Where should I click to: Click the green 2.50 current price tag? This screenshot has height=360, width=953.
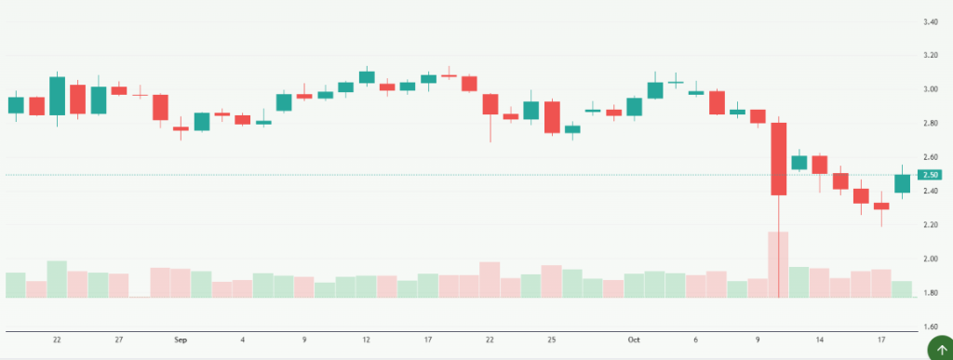(931, 175)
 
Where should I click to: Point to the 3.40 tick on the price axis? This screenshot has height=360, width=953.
(931, 21)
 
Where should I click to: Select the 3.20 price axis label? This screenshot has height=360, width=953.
(931, 56)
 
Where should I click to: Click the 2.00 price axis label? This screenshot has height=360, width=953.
(931, 259)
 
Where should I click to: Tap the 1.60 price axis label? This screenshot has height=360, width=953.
(931, 327)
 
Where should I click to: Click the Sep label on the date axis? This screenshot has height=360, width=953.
(181, 340)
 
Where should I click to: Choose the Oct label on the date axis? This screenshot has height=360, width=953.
(635, 340)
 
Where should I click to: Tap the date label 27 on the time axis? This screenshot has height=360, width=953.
(118, 340)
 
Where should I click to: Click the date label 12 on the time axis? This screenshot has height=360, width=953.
(367, 340)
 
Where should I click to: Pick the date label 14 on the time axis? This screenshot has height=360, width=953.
(819, 340)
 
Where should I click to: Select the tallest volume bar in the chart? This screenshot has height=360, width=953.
(778, 264)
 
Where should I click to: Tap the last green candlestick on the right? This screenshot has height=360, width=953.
(902, 183)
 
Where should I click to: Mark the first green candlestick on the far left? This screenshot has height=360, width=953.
(16, 105)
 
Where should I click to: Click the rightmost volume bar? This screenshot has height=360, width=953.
(902, 288)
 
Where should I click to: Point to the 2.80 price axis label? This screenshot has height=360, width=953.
(931, 124)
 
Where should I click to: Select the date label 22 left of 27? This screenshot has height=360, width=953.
(57, 340)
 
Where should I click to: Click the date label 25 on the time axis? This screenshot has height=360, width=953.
(552, 340)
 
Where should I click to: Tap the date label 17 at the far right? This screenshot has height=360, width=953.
(881, 340)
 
